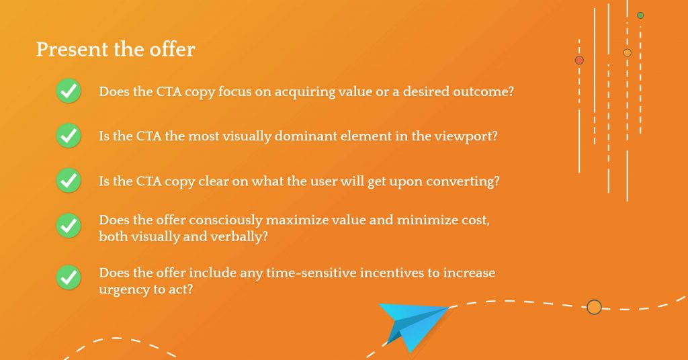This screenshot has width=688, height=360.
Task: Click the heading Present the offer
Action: click(116, 49)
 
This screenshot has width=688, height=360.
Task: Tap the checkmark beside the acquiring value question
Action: click(69, 91)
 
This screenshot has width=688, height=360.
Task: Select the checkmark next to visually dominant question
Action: click(69, 136)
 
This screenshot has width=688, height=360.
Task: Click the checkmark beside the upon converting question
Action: click(69, 180)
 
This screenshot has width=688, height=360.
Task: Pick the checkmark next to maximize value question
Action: click(69, 226)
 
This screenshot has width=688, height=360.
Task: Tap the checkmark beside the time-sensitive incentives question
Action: click(69, 277)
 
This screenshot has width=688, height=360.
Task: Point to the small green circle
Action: click(640, 15)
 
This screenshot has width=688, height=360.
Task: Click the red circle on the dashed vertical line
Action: click(579, 60)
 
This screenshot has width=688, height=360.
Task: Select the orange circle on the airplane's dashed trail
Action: click(594, 307)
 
